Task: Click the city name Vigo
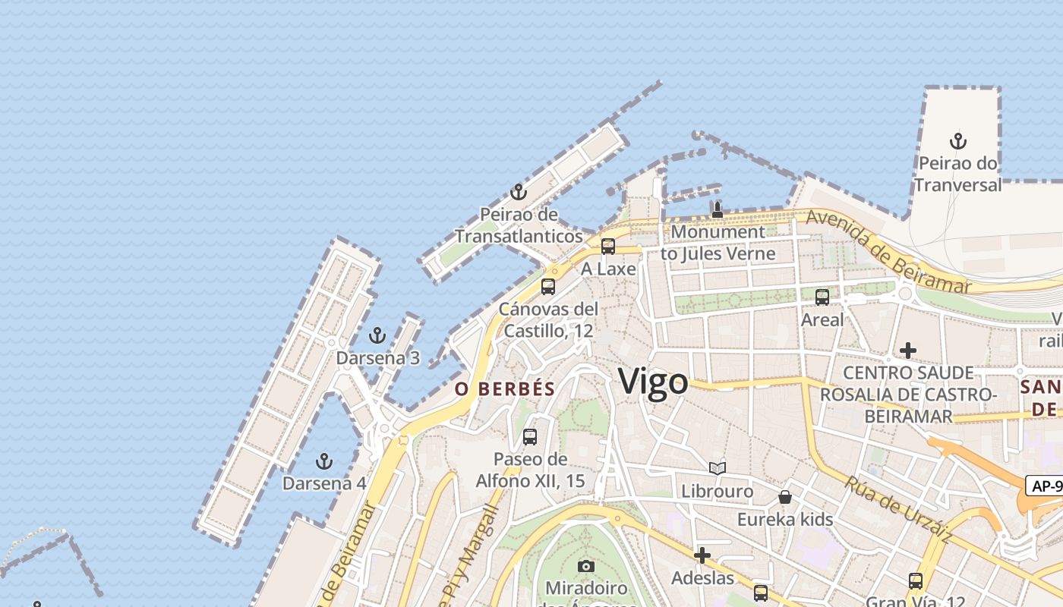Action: point(653,381)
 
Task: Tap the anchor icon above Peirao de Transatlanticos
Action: point(519,192)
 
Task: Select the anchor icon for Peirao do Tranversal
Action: point(958,141)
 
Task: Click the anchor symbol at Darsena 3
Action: point(377,335)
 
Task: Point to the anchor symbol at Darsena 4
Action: point(324,461)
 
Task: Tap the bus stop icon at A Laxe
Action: point(608,247)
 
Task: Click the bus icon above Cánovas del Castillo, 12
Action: point(548,287)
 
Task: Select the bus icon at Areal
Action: point(822,297)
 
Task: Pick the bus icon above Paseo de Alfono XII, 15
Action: point(530,437)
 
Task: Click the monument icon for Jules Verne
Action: point(718,209)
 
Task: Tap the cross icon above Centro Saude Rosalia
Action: point(907,351)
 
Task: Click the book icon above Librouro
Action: point(718,468)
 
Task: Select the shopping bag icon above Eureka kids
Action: point(785,497)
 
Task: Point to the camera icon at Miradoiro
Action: point(586,566)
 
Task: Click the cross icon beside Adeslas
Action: point(702,556)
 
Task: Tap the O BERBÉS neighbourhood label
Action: point(505,389)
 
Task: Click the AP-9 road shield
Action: point(1045,486)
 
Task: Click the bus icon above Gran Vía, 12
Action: point(916,581)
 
